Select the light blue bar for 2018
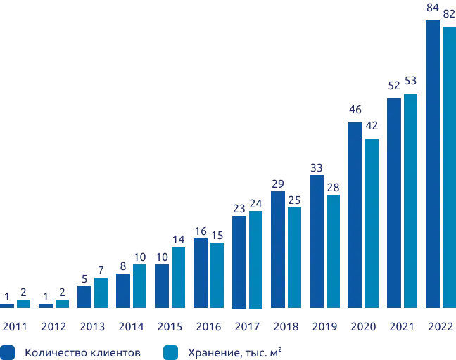295,257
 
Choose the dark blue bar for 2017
239,261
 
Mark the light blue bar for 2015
178,277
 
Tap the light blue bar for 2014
139,286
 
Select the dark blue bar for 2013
84,297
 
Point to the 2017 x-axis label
247,326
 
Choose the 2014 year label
130,326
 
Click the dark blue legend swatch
8,349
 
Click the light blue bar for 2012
63,304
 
